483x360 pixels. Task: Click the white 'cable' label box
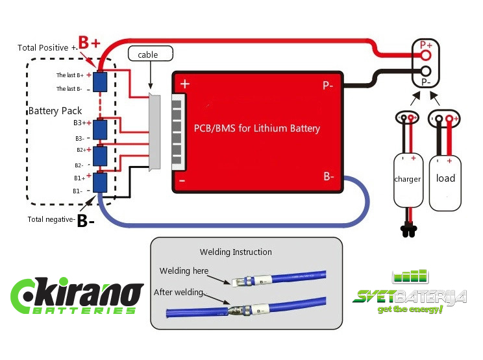[147, 55]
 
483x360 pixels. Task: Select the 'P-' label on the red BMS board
[328, 85]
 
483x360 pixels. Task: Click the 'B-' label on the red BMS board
[328, 176]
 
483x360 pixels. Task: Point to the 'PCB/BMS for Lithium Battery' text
[257, 128]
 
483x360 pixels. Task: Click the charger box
[408, 179]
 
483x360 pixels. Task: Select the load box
[445, 179]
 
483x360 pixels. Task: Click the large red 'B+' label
[90, 43]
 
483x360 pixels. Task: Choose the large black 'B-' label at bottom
[87, 221]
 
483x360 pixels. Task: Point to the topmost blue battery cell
[100, 82]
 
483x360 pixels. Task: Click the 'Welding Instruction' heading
[236, 252]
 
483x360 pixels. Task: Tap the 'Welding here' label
[184, 270]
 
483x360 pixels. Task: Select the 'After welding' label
[179, 292]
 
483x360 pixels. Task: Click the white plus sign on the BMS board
[184, 84]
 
